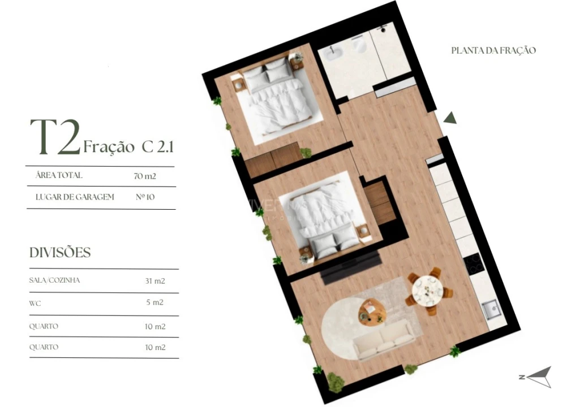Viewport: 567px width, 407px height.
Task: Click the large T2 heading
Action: [x=54, y=138]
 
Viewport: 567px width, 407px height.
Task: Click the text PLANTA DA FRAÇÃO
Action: [x=493, y=50]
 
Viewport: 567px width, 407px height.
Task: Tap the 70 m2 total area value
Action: [x=145, y=176]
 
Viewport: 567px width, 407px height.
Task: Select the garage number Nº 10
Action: [x=145, y=197]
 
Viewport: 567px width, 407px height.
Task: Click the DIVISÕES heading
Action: [x=60, y=253]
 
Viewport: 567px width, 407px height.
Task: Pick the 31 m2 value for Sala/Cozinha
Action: [x=154, y=280]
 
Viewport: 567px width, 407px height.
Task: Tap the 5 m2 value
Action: [x=154, y=302]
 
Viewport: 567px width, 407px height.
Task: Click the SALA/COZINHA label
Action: [x=55, y=280]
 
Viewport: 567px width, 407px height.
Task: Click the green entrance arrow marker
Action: [x=450, y=118]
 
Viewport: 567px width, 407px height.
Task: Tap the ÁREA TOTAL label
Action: [x=59, y=176]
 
